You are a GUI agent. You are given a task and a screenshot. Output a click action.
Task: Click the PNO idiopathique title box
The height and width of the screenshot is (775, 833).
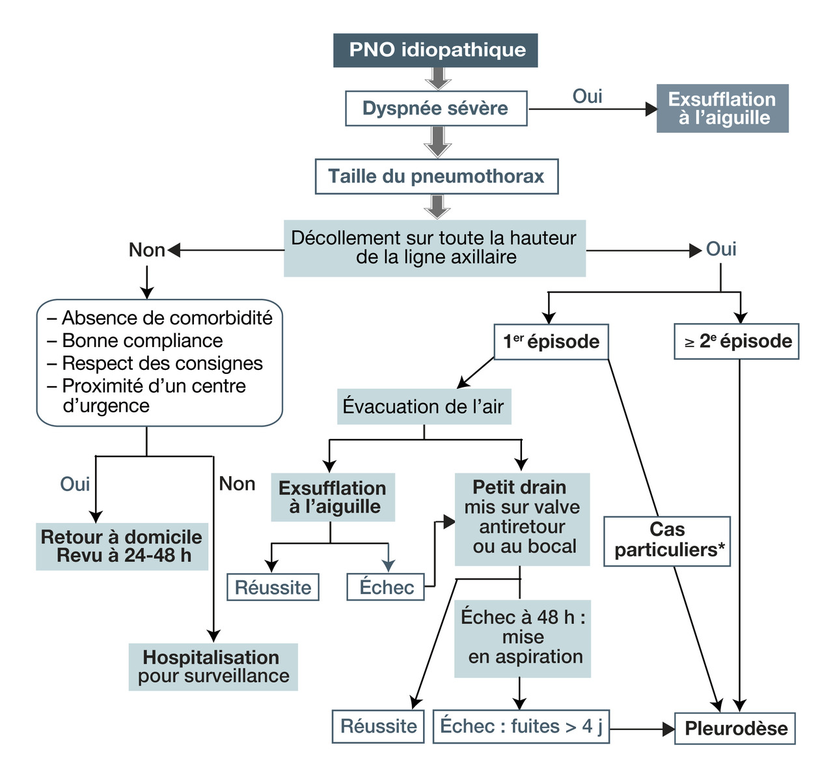tap(436, 50)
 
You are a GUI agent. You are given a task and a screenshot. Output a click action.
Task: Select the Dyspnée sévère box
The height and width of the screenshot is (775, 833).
tap(435, 108)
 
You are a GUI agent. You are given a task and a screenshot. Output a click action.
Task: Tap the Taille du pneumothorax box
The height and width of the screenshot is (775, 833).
tap(436, 176)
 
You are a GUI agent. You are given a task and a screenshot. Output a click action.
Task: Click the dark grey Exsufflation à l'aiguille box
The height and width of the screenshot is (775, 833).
tap(722, 108)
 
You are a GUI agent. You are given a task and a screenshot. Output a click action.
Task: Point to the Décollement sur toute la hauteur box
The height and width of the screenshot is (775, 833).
tap(434, 248)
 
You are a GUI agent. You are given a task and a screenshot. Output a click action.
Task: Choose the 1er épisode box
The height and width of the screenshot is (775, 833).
tap(551, 341)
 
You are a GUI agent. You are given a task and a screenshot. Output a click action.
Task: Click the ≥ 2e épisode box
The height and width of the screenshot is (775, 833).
tap(737, 341)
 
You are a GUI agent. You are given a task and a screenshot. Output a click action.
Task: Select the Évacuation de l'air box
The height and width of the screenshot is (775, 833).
tap(424, 407)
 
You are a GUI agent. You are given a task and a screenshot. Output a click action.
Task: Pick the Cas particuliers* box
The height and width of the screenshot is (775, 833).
tap(667, 541)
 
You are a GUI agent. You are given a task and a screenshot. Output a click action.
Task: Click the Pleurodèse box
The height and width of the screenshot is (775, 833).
tap(735, 728)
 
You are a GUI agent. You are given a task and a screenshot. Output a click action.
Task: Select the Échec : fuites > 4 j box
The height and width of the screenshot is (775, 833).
tap(521, 726)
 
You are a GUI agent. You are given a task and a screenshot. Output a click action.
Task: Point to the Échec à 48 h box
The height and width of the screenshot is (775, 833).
tap(523, 638)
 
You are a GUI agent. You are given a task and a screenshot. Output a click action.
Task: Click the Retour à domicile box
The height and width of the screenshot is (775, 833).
tap(122, 546)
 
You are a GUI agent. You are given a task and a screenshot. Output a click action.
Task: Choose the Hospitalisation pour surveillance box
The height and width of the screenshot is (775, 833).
tap(213, 667)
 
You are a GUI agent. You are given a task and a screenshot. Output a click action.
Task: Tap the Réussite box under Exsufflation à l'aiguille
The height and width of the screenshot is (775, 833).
tap(273, 587)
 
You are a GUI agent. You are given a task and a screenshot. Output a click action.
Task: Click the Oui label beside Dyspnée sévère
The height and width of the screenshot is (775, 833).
tap(587, 96)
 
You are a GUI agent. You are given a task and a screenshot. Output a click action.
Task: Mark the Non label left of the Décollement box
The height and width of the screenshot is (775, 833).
tap(146, 250)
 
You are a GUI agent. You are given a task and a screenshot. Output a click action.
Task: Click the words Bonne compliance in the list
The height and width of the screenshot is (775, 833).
tap(143, 341)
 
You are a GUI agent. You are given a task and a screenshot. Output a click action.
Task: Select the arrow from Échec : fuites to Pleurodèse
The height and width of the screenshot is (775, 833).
tap(641, 729)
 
